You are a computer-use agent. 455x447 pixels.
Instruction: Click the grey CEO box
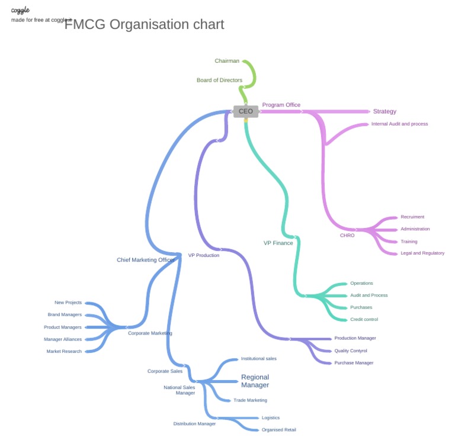[245, 111]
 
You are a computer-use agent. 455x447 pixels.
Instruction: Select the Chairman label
[227, 61]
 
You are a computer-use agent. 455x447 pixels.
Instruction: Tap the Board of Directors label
[219, 80]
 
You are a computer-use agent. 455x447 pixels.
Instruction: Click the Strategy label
[384, 111]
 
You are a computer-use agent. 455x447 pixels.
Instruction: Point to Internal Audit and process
[399, 124]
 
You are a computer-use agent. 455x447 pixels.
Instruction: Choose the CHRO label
[347, 236]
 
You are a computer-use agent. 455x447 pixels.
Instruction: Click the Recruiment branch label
[412, 217]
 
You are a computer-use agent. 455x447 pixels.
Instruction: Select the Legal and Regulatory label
[422, 253]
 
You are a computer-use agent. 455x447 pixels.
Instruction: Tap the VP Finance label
[278, 243]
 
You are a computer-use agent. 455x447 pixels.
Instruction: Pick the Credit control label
[364, 320]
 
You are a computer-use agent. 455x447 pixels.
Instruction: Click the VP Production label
[204, 255]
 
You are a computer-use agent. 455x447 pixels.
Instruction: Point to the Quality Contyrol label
[351, 350]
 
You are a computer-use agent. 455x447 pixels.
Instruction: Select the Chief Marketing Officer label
[146, 260]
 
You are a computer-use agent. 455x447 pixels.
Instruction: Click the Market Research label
[64, 352]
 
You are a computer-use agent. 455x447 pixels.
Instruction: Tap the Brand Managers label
[65, 315]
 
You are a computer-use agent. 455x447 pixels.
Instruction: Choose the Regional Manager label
[255, 381]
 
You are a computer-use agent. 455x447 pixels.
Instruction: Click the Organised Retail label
[278, 430]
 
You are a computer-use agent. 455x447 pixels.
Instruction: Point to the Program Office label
[281, 105]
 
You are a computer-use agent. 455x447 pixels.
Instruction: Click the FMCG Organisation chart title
[144, 24]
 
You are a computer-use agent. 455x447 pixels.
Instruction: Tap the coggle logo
[20, 10]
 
